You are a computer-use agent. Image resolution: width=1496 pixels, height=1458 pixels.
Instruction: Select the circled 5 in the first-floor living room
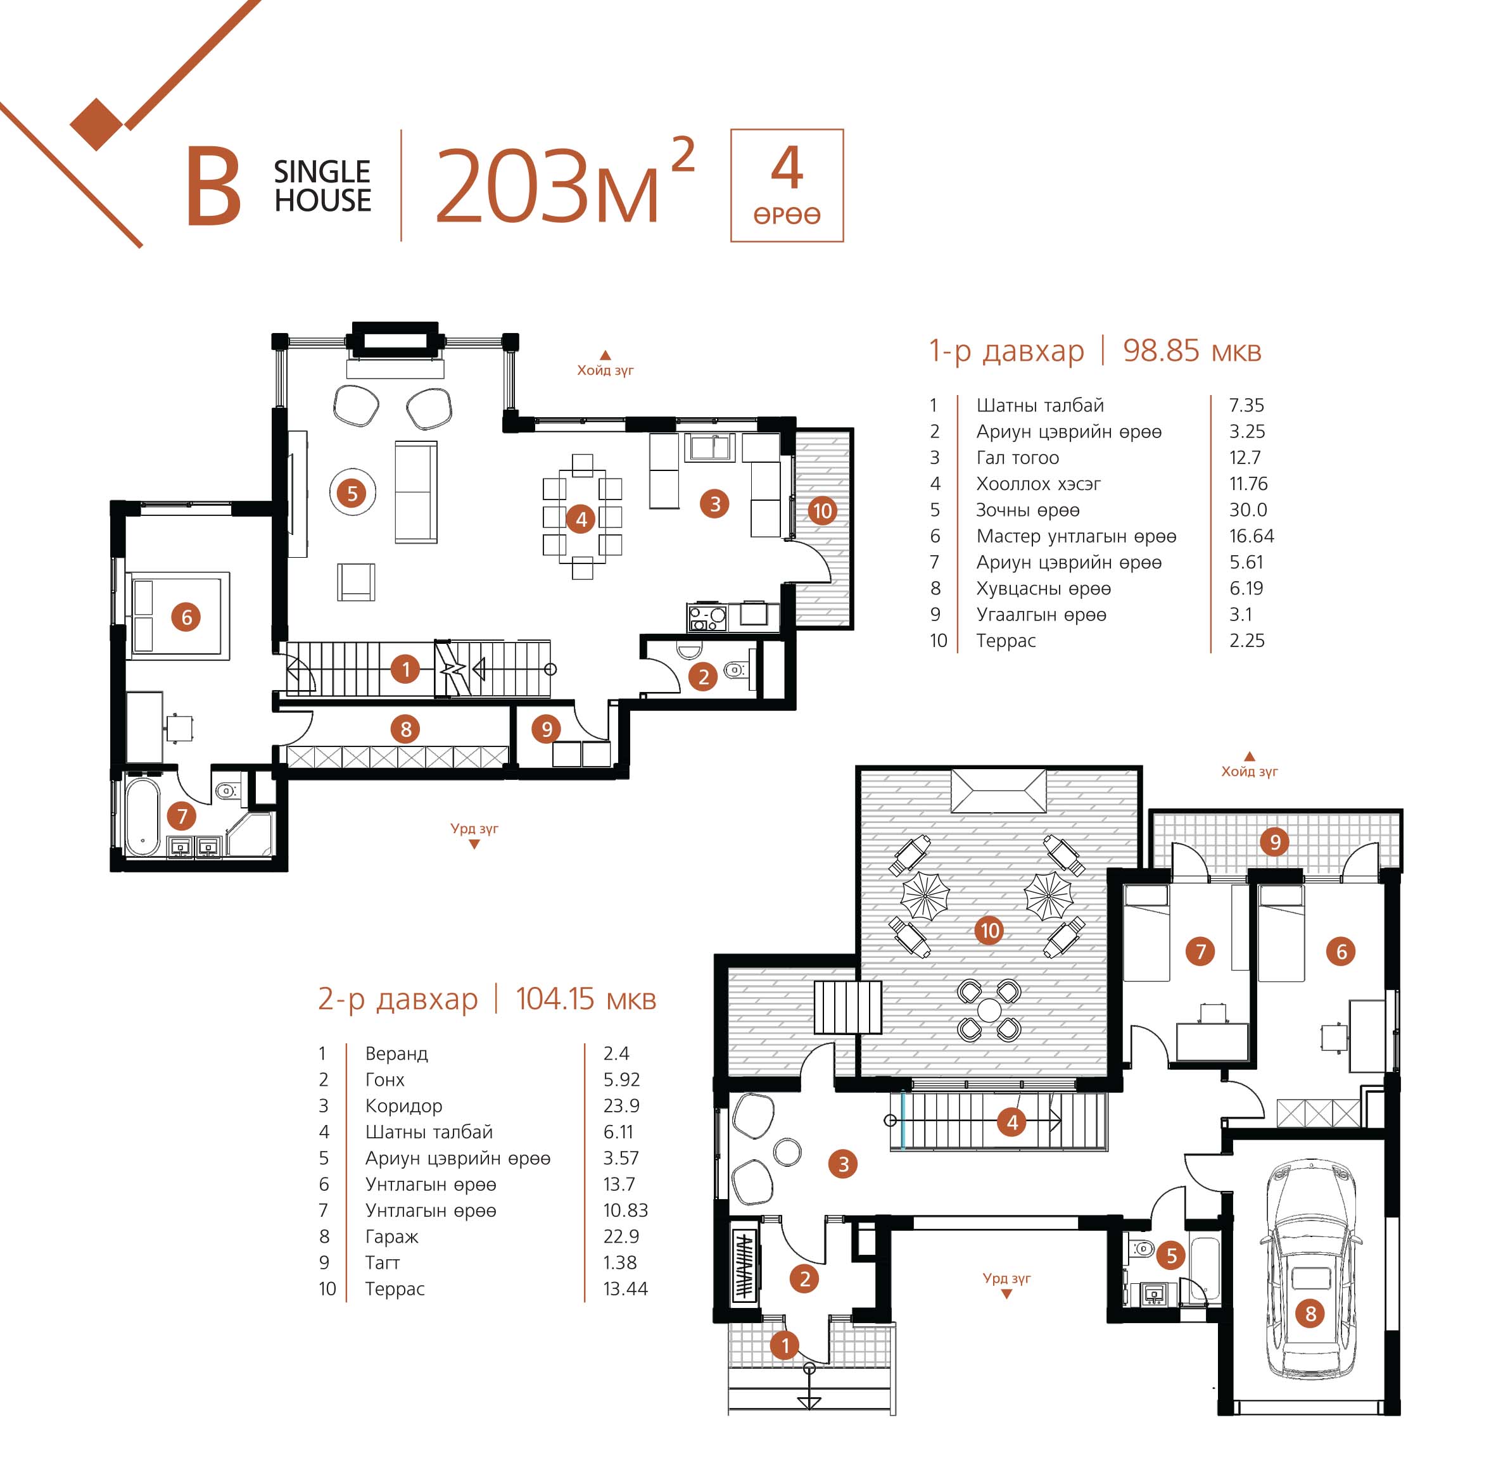coord(352,493)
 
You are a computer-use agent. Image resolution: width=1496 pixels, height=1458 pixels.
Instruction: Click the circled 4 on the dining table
coord(581,520)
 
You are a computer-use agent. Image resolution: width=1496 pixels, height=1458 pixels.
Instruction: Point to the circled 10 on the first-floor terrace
coord(822,511)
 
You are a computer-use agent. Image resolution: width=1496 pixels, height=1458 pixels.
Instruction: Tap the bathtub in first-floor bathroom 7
coord(143,816)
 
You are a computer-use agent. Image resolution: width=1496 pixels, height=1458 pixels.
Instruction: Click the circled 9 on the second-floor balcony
coord(1276,843)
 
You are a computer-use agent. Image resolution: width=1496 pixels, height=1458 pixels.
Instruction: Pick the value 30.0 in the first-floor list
coord(1248,510)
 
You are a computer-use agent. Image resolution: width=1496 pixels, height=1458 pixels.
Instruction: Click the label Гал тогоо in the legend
coord(1017,458)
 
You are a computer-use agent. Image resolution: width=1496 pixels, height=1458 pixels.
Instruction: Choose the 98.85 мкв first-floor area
coord(1192,351)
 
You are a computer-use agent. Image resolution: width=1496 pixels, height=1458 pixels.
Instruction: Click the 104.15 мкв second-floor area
coord(586,998)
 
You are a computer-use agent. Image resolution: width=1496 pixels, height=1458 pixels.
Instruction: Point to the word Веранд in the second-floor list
coord(396,1053)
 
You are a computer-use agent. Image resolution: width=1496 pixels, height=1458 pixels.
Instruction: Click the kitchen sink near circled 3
coord(709,447)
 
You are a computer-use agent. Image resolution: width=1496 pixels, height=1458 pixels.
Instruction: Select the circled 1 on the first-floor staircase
coord(405,669)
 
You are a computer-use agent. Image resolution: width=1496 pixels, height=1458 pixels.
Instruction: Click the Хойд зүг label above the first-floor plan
coord(605,370)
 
